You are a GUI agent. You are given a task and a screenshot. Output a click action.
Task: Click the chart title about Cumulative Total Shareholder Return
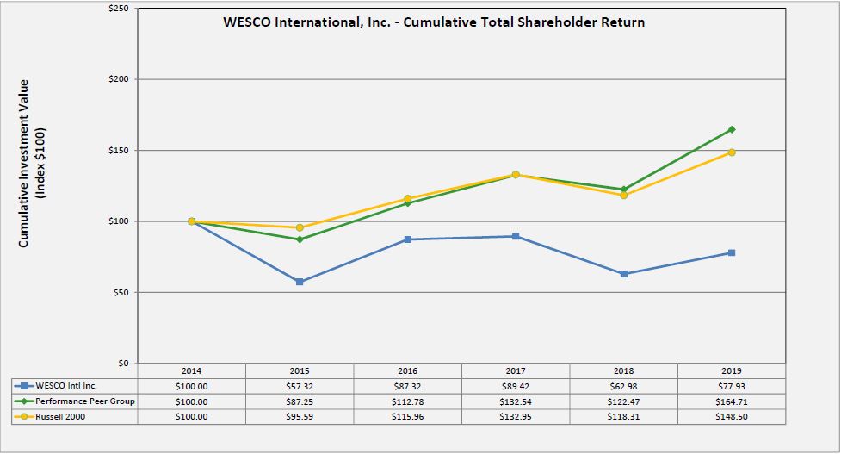(x=433, y=22)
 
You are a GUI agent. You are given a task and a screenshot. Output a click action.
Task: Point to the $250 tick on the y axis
(x=118, y=9)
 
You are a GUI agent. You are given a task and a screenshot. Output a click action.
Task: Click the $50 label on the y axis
(x=121, y=293)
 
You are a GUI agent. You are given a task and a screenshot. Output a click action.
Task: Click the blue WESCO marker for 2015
(x=300, y=282)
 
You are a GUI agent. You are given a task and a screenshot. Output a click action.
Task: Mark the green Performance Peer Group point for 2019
(x=732, y=129)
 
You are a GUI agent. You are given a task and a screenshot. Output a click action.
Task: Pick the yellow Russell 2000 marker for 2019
(x=732, y=152)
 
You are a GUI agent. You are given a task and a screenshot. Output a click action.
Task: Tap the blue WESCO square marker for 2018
(x=624, y=274)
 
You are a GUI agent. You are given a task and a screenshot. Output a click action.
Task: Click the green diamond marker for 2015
(x=300, y=239)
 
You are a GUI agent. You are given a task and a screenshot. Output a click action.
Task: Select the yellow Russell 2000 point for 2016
(x=407, y=199)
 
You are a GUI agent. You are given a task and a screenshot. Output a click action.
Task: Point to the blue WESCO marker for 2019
(x=732, y=252)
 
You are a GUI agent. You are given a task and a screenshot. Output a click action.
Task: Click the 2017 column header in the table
(x=516, y=371)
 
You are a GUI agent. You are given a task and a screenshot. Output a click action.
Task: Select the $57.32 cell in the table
(x=300, y=386)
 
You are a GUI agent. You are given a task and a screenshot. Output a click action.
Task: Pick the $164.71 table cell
(x=732, y=401)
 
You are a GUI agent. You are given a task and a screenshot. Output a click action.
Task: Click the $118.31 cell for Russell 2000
(x=624, y=416)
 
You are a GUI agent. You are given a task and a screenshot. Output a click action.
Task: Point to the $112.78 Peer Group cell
(x=407, y=401)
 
